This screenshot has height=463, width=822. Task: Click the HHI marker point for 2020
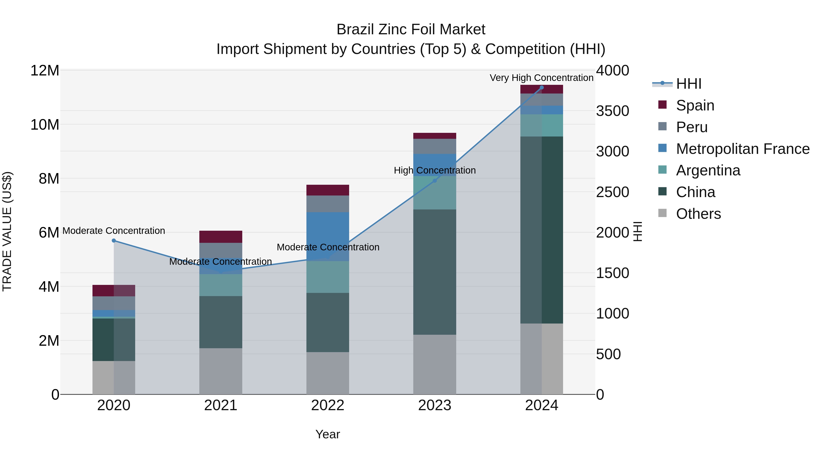114,241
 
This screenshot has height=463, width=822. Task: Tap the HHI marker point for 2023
435,181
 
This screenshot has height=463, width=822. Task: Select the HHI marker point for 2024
542,88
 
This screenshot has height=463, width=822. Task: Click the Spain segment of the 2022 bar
328,190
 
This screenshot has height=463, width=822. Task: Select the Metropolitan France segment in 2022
328,236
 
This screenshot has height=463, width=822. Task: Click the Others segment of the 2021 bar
221,371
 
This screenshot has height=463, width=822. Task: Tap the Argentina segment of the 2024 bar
542,125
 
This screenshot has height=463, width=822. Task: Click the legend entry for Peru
692,127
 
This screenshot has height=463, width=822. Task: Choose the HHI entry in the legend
689,84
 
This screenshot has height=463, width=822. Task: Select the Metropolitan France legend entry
743,149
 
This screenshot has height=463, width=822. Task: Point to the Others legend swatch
662,213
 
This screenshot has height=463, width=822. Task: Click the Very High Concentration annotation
542,78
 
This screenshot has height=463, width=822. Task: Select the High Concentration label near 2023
435,170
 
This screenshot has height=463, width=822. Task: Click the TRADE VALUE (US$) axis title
7,232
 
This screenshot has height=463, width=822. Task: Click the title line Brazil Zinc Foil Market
411,30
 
